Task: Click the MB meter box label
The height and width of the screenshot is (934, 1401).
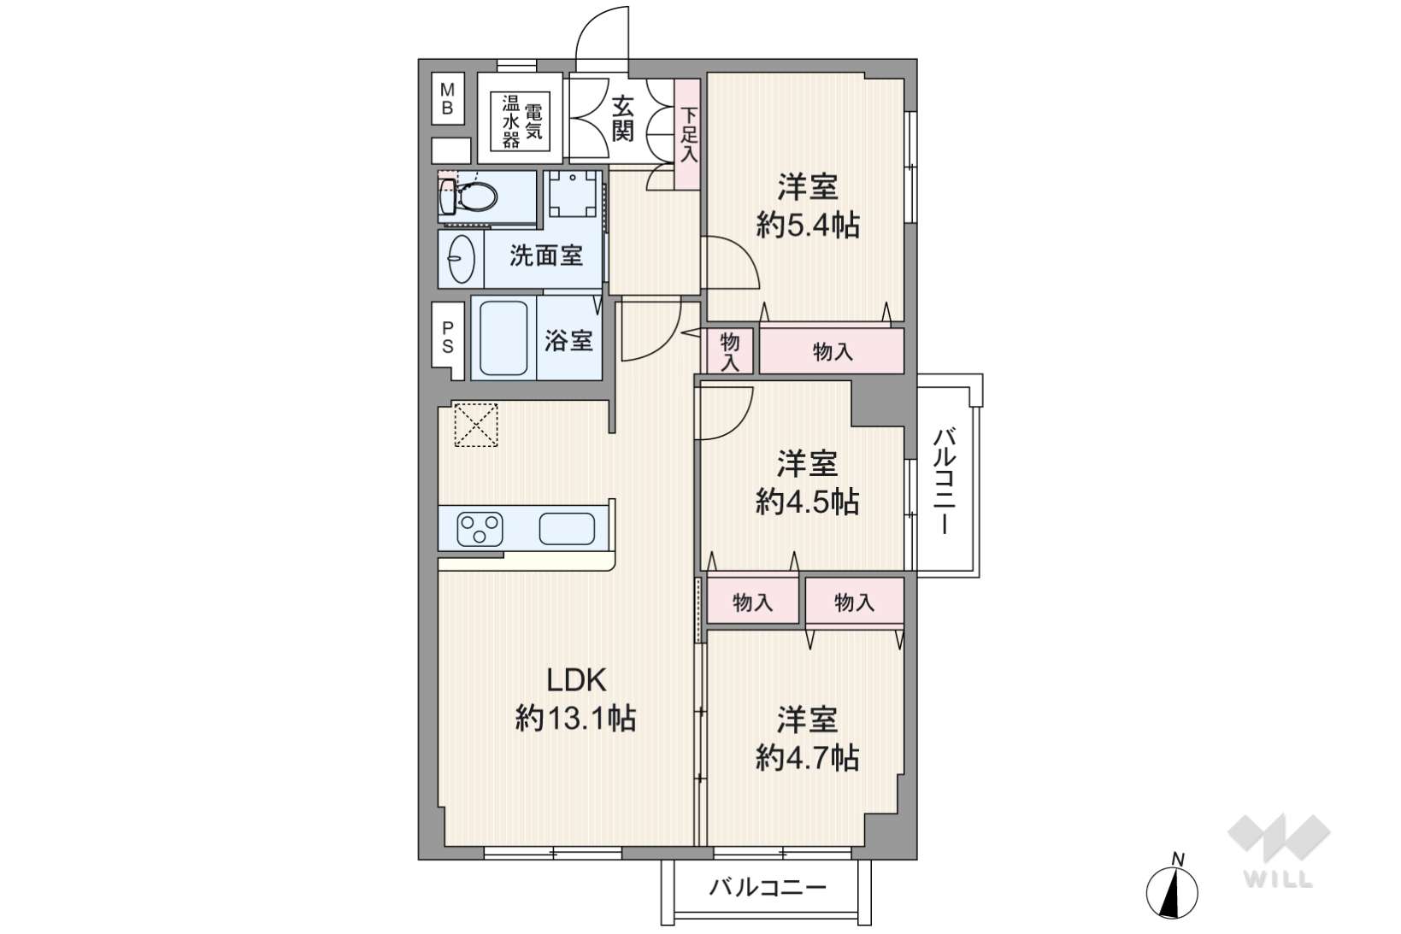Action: click(x=447, y=99)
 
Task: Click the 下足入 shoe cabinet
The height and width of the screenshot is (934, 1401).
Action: click(x=687, y=134)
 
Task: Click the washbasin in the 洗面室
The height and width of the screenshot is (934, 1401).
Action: click(x=462, y=258)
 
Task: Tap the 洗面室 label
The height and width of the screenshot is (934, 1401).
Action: click(x=546, y=256)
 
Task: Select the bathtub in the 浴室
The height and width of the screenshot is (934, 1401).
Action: click(x=503, y=338)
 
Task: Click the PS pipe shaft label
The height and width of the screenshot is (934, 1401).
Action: click(x=448, y=338)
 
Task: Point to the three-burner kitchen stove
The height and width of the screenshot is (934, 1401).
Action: click(x=480, y=530)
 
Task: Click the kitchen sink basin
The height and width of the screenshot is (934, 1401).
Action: click(x=567, y=529)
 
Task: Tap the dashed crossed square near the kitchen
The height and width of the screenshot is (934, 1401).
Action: click(x=476, y=425)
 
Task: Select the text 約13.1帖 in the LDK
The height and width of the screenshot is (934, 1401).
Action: click(x=576, y=719)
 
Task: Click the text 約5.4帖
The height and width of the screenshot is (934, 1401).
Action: click(x=808, y=225)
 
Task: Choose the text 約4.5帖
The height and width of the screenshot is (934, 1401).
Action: click(x=807, y=501)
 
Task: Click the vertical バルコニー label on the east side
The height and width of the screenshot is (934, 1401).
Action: click(x=943, y=481)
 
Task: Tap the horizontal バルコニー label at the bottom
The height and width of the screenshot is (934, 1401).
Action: click(x=768, y=887)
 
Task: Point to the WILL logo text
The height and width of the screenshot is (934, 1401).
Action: click(x=1278, y=879)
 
